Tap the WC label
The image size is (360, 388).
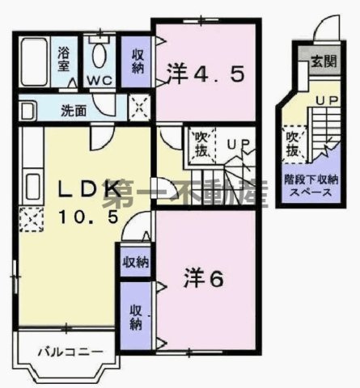click(x=100, y=80)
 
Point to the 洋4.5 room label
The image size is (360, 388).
click(x=205, y=74)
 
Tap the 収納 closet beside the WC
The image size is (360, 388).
click(x=137, y=60)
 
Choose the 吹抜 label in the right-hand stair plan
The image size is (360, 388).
click(x=291, y=145)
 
